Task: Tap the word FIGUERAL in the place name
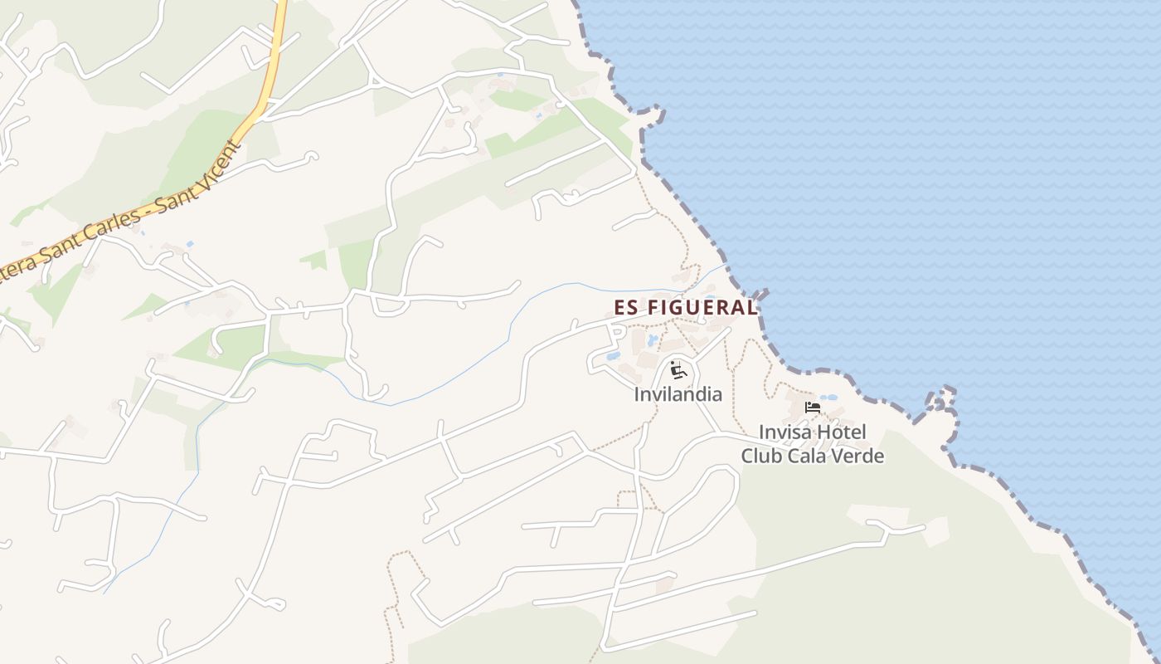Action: click(702, 307)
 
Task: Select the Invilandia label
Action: click(678, 394)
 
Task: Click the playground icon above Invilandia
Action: click(678, 369)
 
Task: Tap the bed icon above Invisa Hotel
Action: click(812, 408)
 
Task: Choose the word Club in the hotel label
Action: click(760, 456)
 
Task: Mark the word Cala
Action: click(809, 456)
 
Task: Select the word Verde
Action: click(860, 456)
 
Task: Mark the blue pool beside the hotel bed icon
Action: click(828, 398)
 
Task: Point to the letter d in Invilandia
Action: click(699, 394)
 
